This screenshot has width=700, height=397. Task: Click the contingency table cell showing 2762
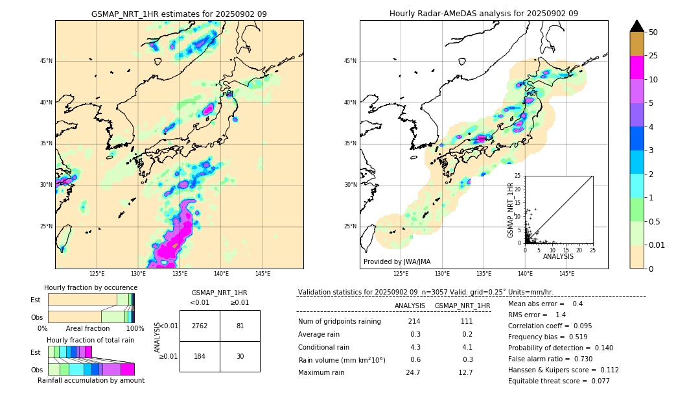coord(200,326)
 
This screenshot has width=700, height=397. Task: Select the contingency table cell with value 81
coord(240,326)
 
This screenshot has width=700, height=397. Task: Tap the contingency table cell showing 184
coord(200,356)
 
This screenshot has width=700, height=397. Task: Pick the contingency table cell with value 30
coord(240,356)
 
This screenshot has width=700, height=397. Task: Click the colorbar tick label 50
coord(653,32)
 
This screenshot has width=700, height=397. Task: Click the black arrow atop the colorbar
coord(637,26)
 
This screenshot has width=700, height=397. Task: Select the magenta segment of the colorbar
coord(637,67)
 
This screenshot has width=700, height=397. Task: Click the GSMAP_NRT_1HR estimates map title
coord(179,14)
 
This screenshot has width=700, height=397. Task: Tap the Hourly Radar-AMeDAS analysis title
coord(484,14)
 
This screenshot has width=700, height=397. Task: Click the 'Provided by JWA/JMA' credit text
coord(397,261)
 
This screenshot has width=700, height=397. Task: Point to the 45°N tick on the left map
coord(46,61)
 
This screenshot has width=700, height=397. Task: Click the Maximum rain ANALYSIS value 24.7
coord(414,372)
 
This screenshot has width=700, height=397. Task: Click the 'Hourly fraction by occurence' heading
coord(91,287)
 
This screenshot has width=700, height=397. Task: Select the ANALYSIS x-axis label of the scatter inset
coord(558,257)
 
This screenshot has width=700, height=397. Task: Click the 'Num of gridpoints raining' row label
coord(339,322)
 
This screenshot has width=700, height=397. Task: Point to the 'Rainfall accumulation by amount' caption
coord(91,380)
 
